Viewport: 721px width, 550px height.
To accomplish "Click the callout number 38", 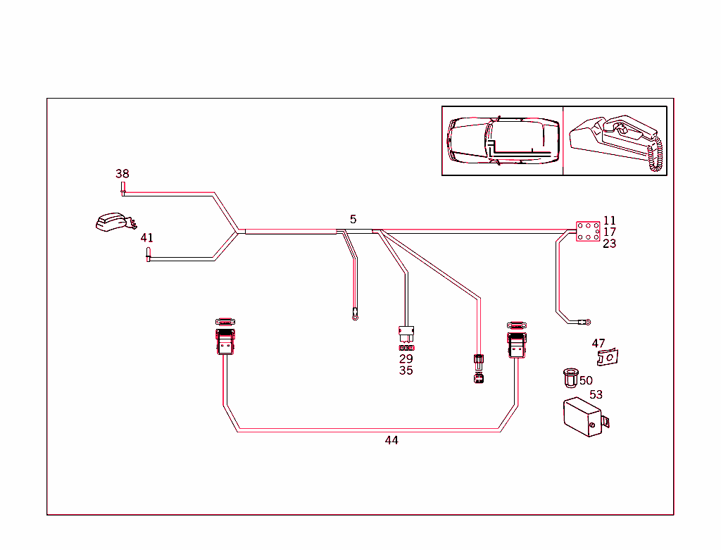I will coord(123,173).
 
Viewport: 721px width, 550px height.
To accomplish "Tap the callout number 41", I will coord(146,238).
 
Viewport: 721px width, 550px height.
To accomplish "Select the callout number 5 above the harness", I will coord(353,220).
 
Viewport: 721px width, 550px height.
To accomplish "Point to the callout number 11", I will coord(609,220).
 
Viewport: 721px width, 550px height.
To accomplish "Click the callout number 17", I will coord(609,232).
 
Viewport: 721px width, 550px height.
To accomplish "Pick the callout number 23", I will coord(609,244).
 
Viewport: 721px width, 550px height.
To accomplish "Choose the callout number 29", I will coord(406,358).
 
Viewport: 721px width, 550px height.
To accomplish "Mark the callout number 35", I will coord(406,370).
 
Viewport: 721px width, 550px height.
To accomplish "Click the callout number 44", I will coord(391,440).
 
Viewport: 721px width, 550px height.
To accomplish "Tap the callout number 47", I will coord(598,344).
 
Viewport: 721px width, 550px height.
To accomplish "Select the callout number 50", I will coord(586,380).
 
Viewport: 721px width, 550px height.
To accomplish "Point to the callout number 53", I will coord(596,395).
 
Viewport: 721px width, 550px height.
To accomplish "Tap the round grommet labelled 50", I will coord(570,377).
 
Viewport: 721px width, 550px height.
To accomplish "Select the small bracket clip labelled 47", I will coord(608,358).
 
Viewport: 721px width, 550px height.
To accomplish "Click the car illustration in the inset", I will coord(503,141).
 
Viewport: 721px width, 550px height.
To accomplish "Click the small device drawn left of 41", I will coord(112,222).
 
